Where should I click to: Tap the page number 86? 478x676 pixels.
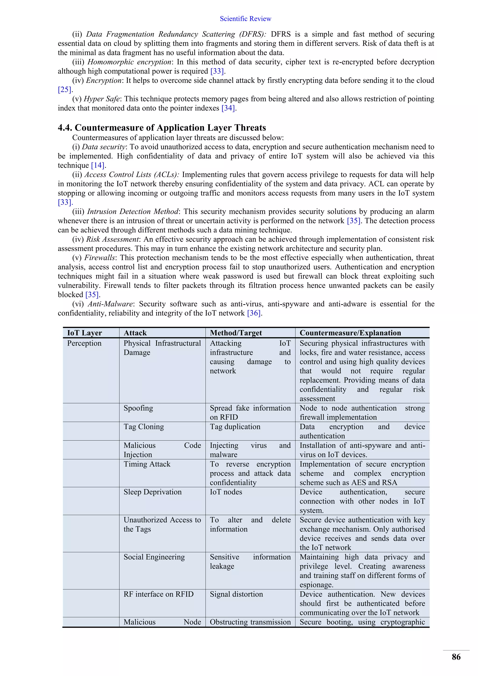pos(456,657)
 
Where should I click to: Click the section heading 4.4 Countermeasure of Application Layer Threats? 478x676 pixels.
pos(162,127)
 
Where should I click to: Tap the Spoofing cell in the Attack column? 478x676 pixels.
pos(138,408)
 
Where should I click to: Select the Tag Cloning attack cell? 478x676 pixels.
pos(144,427)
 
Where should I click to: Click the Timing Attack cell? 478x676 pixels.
pos(147,464)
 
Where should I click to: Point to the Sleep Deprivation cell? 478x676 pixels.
pos(152,492)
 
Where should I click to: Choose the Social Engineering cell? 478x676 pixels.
pos(154,557)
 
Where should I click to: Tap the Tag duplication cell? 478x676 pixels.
pos(235,427)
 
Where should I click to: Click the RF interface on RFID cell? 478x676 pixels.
pos(158,594)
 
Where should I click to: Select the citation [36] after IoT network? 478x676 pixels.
pos(254,313)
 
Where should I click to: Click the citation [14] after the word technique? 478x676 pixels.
pos(98,165)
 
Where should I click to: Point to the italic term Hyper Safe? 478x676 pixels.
pos(102,99)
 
